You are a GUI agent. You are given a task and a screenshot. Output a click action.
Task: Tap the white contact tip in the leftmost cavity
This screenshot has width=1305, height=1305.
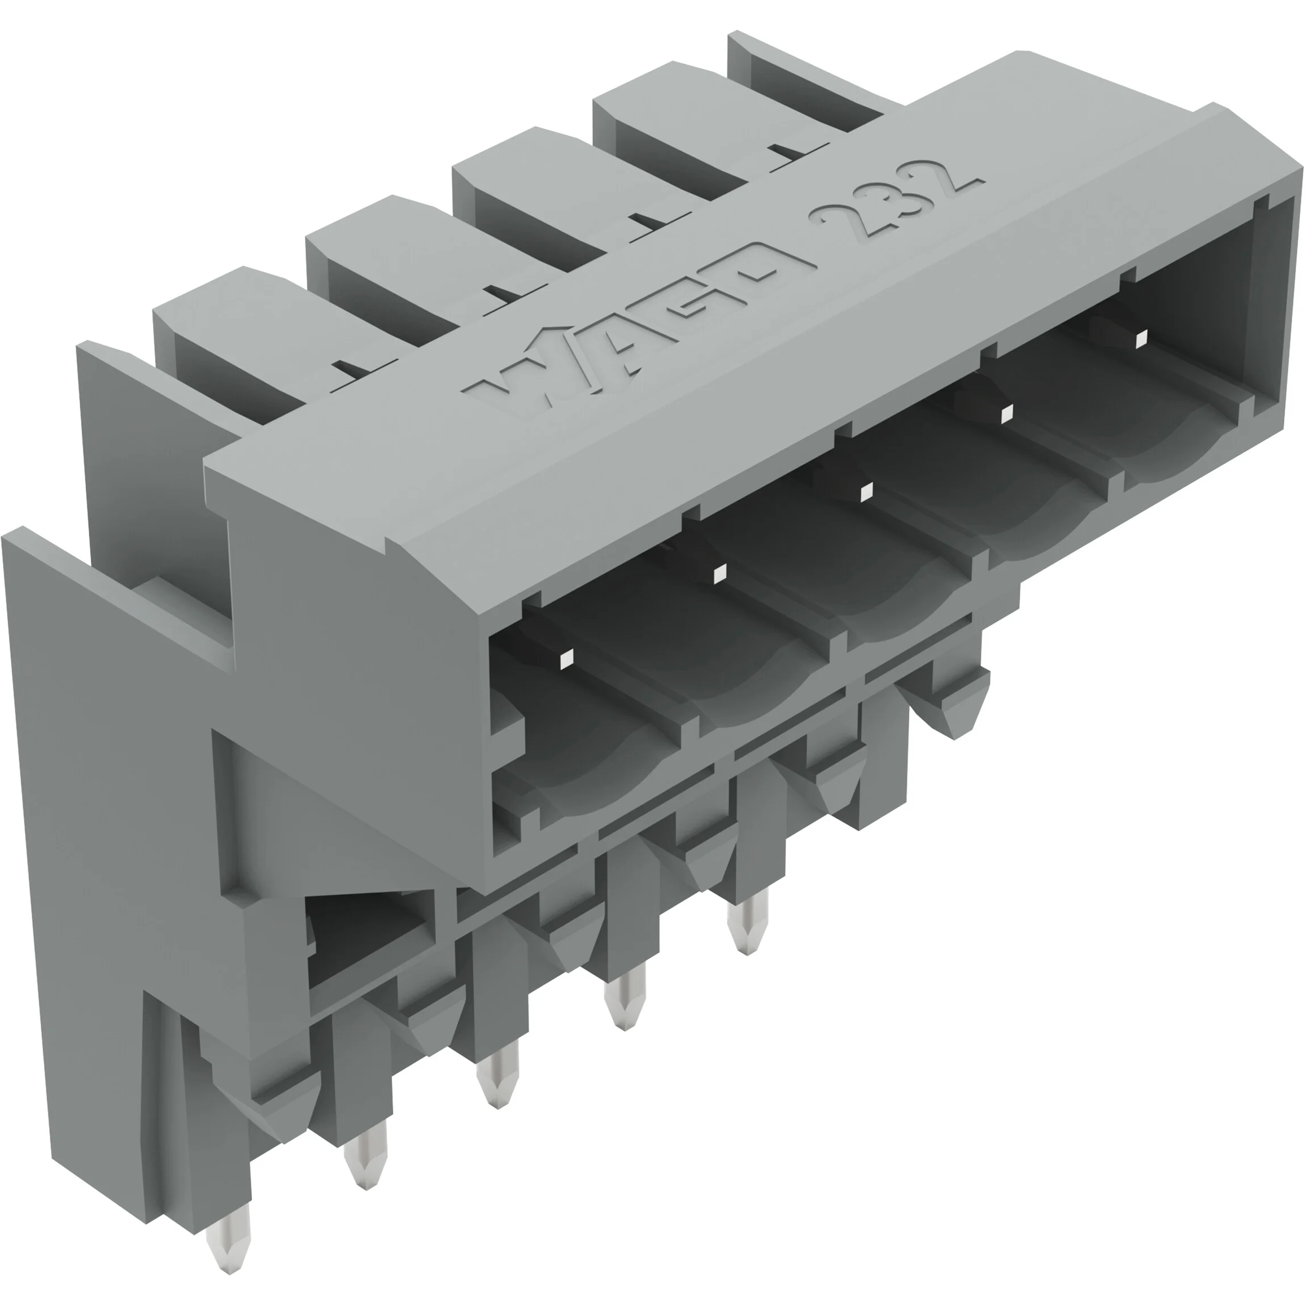pos(566,658)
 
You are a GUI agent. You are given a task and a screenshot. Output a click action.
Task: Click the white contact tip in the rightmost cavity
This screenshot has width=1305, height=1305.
pos(1141,338)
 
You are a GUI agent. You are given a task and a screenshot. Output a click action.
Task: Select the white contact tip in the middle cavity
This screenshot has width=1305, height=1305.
pos(866,492)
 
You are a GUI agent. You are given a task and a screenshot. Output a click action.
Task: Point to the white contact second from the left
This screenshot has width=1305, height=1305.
pos(719,574)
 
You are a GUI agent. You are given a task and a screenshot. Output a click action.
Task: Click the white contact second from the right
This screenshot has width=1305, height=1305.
pos(1006,413)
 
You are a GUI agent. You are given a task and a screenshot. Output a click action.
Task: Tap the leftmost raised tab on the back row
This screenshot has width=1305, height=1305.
pos(223,304)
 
